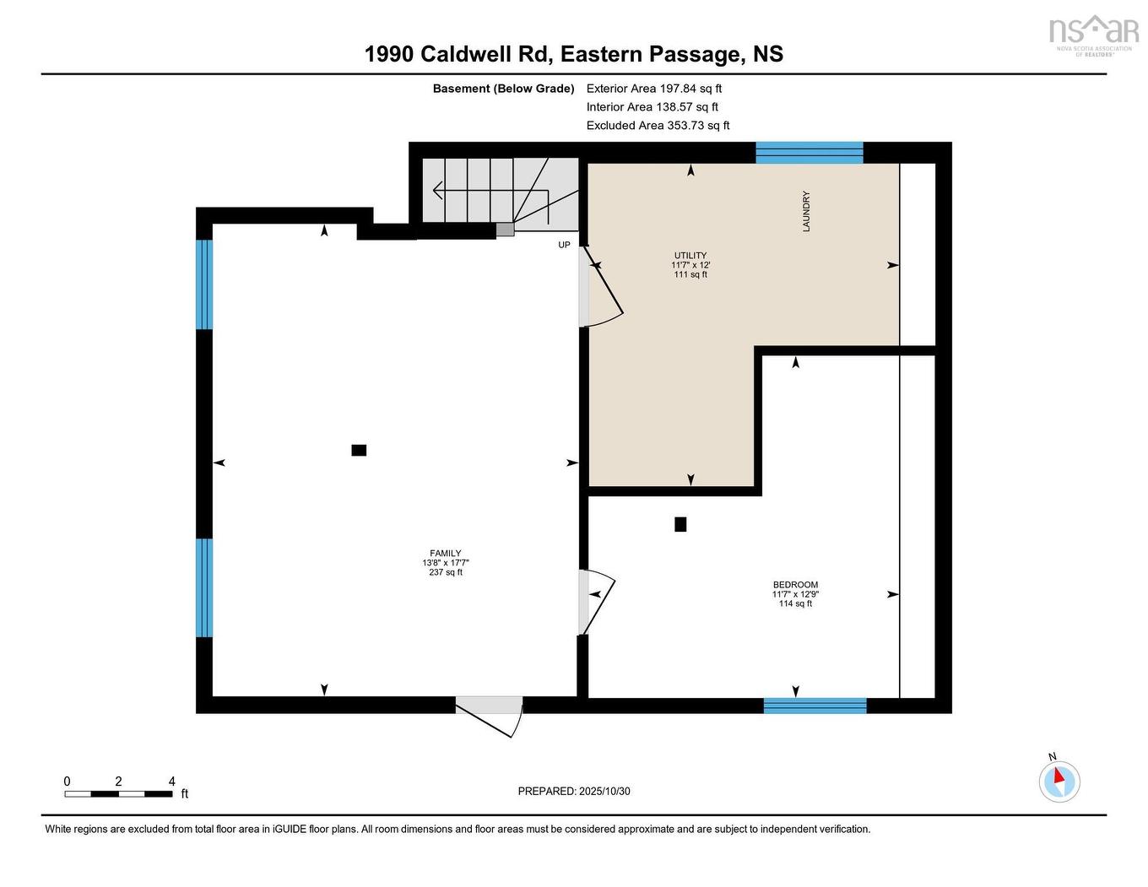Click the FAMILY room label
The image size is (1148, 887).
(x=445, y=554)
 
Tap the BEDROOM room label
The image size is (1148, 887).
(x=795, y=585)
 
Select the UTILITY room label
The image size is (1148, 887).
(x=690, y=256)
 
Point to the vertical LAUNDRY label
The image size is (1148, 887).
(x=806, y=211)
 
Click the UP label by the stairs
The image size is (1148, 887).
(x=564, y=245)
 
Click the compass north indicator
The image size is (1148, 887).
(x=1059, y=779)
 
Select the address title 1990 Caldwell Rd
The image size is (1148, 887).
(x=573, y=54)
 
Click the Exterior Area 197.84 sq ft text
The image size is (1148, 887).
(x=654, y=88)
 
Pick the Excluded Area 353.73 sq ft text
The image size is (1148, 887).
(x=658, y=125)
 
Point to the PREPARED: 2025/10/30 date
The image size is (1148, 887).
(x=574, y=791)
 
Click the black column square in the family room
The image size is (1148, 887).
(x=359, y=450)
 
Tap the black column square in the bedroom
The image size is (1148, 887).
(x=680, y=524)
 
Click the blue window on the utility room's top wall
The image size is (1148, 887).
(x=809, y=153)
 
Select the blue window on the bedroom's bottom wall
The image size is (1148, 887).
(x=815, y=706)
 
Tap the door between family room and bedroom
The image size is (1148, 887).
(x=594, y=600)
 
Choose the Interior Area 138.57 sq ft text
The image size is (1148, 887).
(x=653, y=106)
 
